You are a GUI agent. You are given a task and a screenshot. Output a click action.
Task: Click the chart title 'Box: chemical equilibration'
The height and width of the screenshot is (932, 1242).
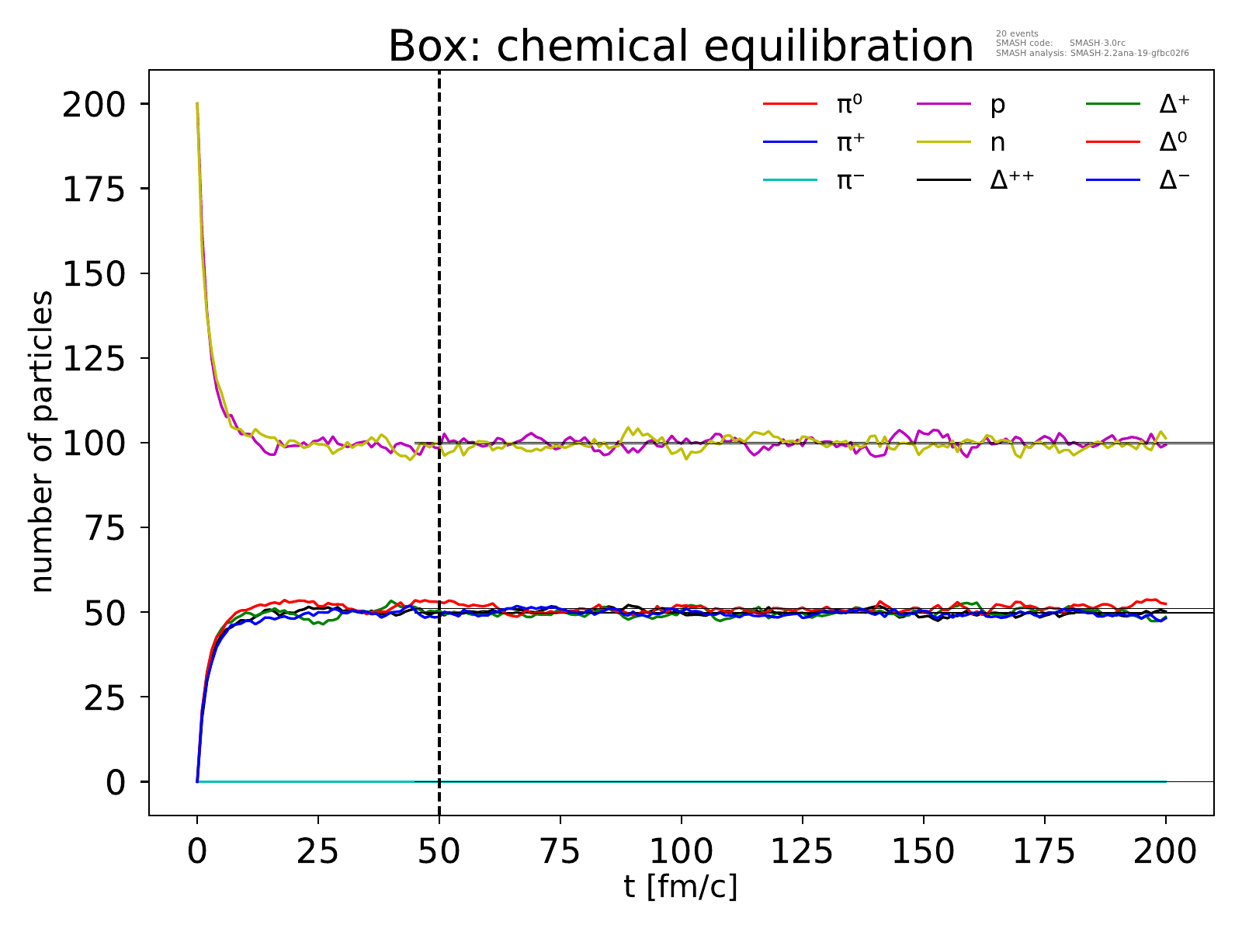[680, 47]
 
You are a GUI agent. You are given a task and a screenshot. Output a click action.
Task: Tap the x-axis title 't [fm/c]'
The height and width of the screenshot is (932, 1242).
[680, 885]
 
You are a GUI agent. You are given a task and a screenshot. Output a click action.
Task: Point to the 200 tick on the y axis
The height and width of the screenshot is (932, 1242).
[93, 104]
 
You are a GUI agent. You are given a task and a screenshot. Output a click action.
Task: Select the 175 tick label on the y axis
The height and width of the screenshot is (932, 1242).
[93, 189]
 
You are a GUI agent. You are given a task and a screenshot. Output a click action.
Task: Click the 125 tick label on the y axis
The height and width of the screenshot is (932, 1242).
[93, 358]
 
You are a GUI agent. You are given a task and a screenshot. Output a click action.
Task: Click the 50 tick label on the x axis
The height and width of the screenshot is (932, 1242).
[439, 852]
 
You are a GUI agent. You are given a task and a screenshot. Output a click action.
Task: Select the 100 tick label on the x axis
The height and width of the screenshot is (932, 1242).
[681, 852]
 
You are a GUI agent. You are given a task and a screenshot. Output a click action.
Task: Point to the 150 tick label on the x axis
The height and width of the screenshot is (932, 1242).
[923, 852]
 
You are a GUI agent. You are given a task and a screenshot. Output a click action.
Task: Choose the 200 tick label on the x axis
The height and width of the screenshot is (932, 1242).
[1165, 852]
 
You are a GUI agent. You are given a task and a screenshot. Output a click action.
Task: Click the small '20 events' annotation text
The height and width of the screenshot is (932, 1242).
[1016, 33]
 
